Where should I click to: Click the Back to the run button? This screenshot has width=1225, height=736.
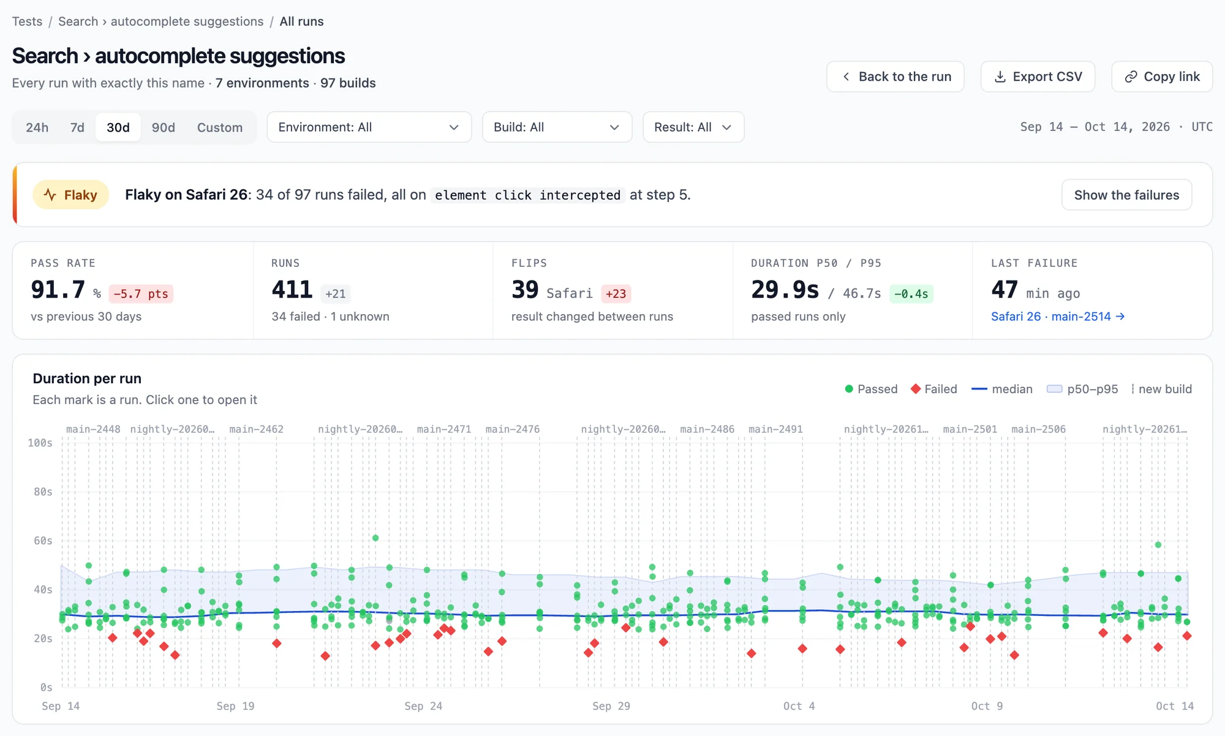tap(895, 77)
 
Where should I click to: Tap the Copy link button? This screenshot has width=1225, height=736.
tap(1162, 77)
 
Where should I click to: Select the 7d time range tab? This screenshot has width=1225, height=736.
tap(77, 127)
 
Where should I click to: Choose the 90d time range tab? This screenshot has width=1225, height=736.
tap(164, 127)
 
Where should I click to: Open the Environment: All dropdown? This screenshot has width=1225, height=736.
tap(369, 127)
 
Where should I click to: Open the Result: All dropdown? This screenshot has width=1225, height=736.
tap(693, 127)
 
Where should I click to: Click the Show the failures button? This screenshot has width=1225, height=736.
tap(1126, 195)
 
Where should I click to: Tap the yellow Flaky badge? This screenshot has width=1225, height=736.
tap(70, 195)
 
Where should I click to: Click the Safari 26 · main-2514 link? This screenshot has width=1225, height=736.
tap(1058, 317)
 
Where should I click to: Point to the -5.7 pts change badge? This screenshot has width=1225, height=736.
tap(141, 294)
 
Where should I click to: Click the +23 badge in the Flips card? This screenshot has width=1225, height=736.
tap(616, 294)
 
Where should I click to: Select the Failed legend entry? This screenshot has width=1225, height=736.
tap(934, 389)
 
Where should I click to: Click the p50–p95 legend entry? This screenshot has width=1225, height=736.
tap(1083, 389)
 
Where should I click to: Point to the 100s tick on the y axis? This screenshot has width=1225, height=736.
tap(40, 443)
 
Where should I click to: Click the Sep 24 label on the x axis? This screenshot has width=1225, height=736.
tap(423, 706)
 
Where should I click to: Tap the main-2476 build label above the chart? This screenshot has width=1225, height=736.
tap(513, 429)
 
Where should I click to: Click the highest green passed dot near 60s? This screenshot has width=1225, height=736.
tap(375, 538)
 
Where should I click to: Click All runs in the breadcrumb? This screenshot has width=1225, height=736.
tap(301, 21)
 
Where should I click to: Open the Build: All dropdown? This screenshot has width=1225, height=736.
tap(557, 127)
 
